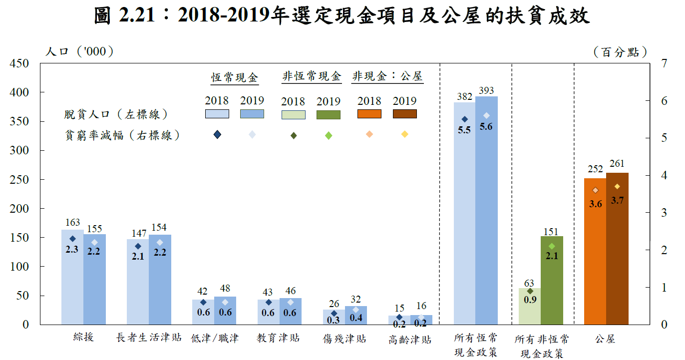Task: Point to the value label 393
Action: point(486,90)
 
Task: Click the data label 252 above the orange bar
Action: point(595,168)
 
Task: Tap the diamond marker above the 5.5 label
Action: point(464,119)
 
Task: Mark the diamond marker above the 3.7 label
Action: point(617,187)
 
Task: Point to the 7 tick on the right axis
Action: point(663,63)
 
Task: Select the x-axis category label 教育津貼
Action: point(279,338)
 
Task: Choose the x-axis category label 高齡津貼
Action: point(410,340)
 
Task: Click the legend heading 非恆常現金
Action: point(312,76)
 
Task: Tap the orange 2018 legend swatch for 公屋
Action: point(369,114)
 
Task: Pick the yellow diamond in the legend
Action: point(405,134)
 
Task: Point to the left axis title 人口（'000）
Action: point(79,51)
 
